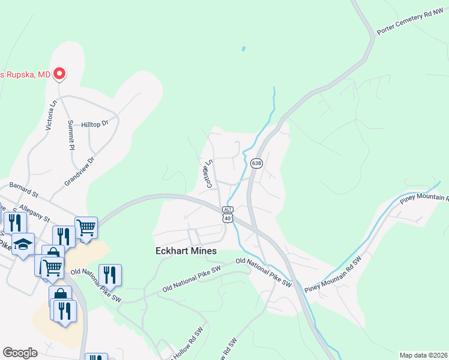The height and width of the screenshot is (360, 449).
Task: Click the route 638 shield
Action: point(256,163)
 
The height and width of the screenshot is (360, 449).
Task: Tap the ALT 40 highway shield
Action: point(228,214)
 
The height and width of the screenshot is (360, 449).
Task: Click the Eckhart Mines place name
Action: point(185,251)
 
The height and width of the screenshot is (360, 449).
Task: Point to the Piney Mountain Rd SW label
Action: point(332,276)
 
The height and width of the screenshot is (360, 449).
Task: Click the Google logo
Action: point(20,353)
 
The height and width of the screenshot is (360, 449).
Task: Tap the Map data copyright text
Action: point(423,355)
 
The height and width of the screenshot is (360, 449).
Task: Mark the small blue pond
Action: point(243,48)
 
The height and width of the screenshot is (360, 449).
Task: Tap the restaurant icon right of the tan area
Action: point(110,275)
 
